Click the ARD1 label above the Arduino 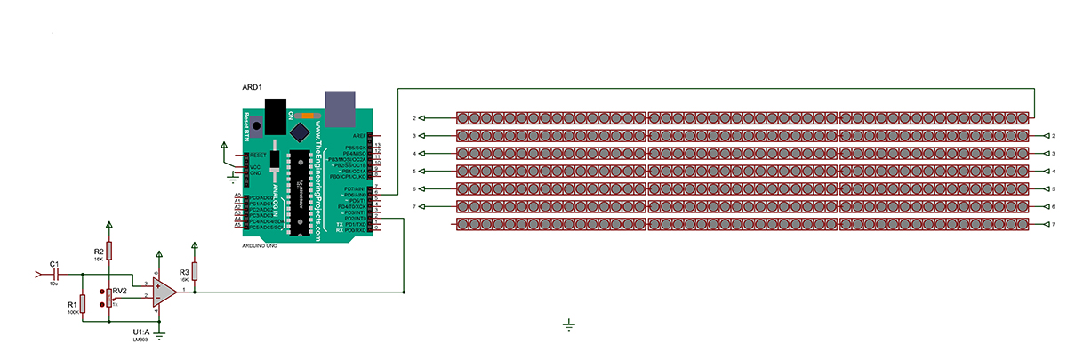[x=252, y=87]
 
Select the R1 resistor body [x=82, y=305]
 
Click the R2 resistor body [x=108, y=252]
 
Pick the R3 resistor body [x=195, y=271]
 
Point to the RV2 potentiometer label [x=119, y=291]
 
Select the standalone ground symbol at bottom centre [x=569, y=325]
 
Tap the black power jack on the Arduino [x=278, y=114]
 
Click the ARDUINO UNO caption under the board [x=259, y=245]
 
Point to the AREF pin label [x=359, y=135]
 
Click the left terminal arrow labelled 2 [x=421, y=118]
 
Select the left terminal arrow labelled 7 [x=421, y=206]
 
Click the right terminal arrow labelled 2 [x=1044, y=136]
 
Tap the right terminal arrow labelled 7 [x=1044, y=224]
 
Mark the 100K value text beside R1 [x=72, y=312]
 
